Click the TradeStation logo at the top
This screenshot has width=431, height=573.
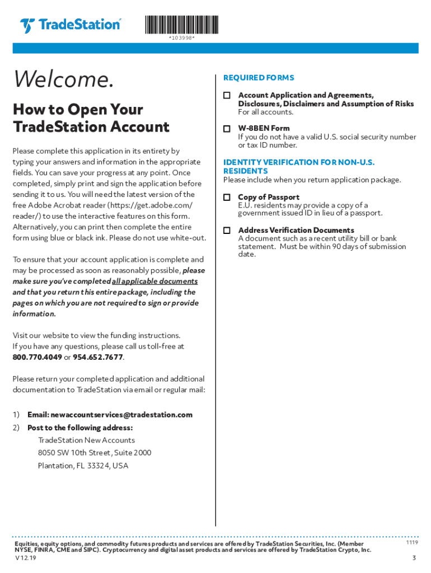pyautogui.click(x=70, y=26)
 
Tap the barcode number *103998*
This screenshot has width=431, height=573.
pyautogui.click(x=182, y=38)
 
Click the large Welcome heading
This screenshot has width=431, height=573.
pyautogui.click(x=63, y=80)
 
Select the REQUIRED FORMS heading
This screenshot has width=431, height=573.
pyautogui.click(x=259, y=78)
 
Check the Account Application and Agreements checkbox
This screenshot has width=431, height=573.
pyautogui.click(x=227, y=96)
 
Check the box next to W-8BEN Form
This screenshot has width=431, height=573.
pyautogui.click(x=227, y=129)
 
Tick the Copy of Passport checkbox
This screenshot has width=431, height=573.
pyautogui.click(x=227, y=198)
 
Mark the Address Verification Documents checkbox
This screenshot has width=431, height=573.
pyautogui.click(x=227, y=231)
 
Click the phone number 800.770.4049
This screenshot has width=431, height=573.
pyautogui.click(x=37, y=358)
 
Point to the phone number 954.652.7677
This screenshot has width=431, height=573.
pyautogui.click(x=98, y=358)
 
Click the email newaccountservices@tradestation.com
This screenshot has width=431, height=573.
pyautogui.click(x=121, y=415)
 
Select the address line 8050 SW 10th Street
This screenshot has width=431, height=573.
pyautogui.click(x=95, y=453)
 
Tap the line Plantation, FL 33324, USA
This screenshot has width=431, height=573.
pyautogui.click(x=83, y=466)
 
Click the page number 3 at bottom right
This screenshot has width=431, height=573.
pyautogui.click(x=414, y=558)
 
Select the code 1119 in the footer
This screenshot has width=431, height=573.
pyautogui.click(x=411, y=543)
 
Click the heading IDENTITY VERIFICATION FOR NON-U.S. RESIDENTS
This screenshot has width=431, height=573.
pyautogui.click(x=298, y=166)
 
